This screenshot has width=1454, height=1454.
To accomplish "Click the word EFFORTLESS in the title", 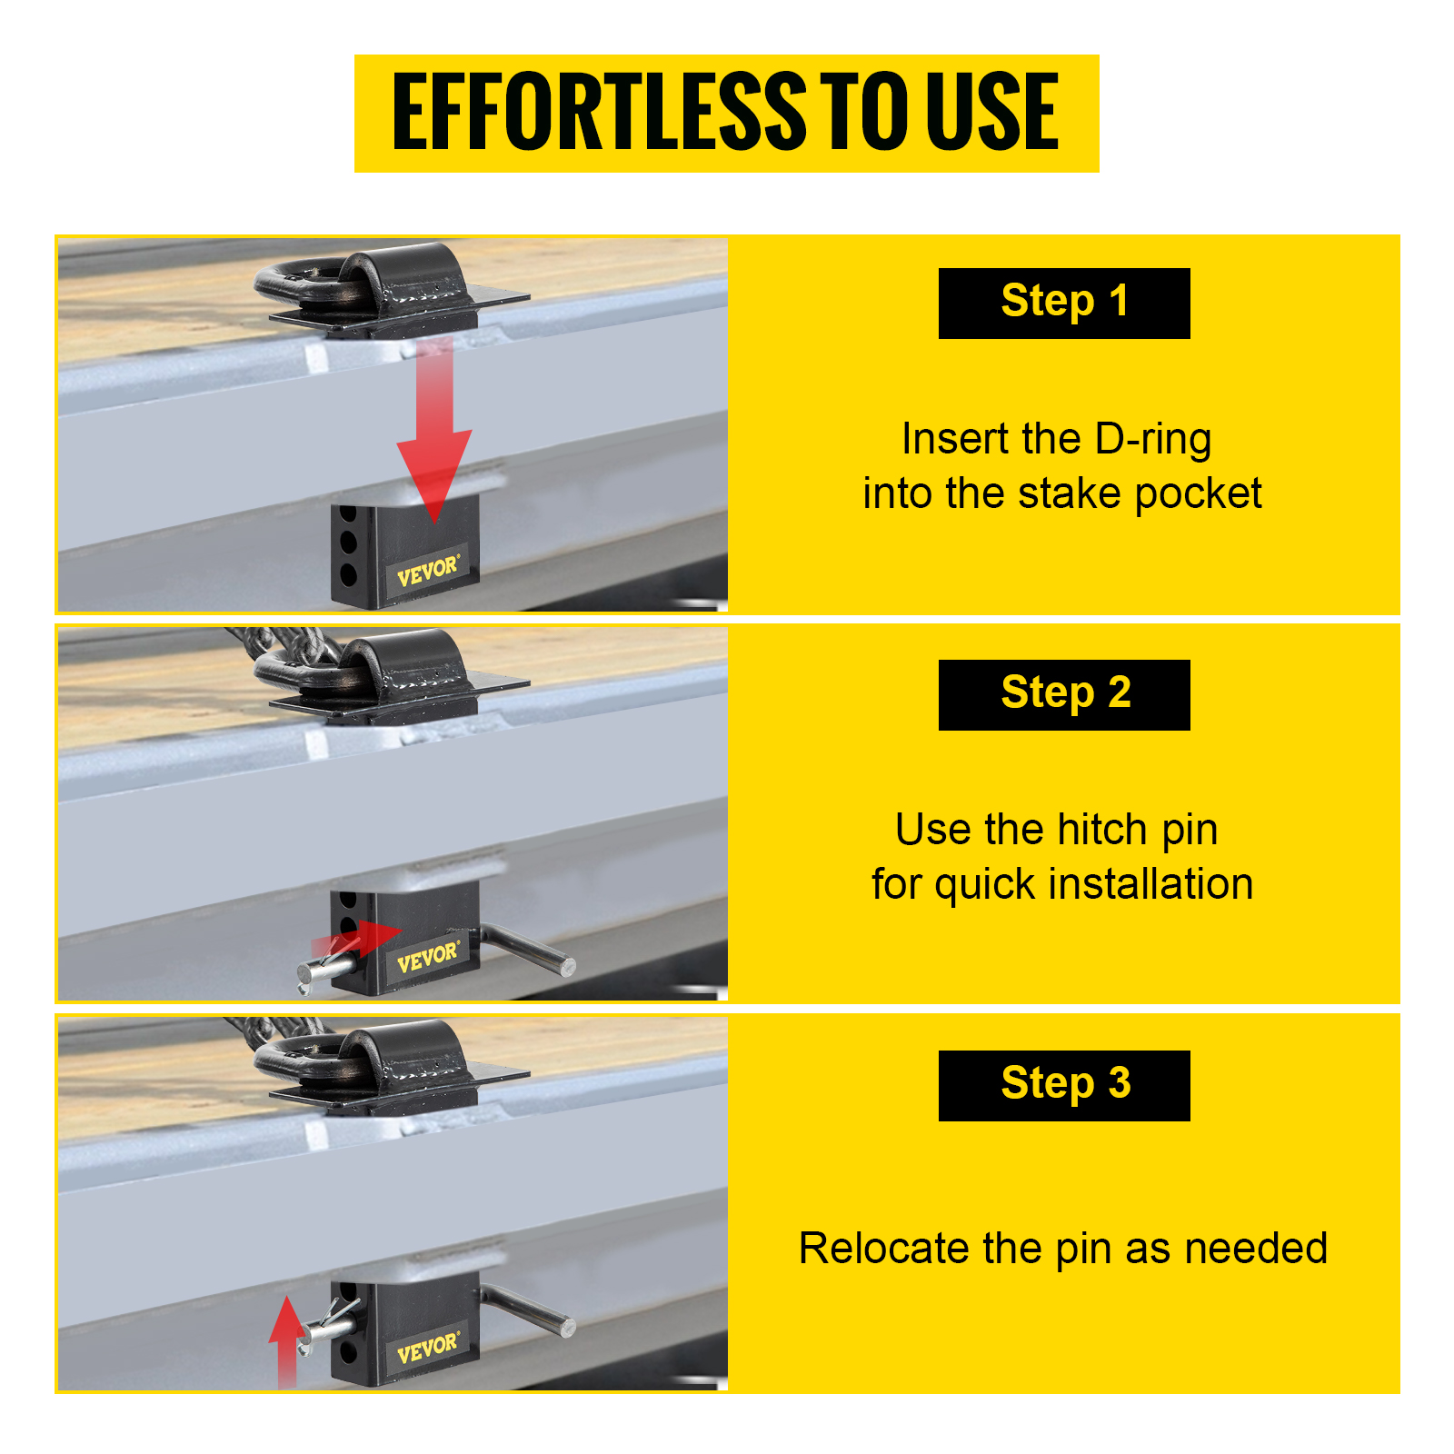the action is [599, 112].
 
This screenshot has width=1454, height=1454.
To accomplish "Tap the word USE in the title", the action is [992, 112].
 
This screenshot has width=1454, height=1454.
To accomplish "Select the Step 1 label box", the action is [1064, 304].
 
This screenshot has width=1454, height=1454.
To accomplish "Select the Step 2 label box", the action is [1064, 695].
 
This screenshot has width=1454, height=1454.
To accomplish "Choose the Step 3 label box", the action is [1064, 1086].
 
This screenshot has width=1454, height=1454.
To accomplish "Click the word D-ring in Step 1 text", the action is [1153, 440].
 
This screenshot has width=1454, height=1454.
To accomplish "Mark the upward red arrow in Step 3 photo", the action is [287, 1341].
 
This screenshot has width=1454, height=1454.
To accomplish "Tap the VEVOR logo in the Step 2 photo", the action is [428, 956].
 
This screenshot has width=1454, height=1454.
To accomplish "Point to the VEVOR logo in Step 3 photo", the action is [428, 1348].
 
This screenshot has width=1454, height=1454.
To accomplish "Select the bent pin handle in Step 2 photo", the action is [525, 947].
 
